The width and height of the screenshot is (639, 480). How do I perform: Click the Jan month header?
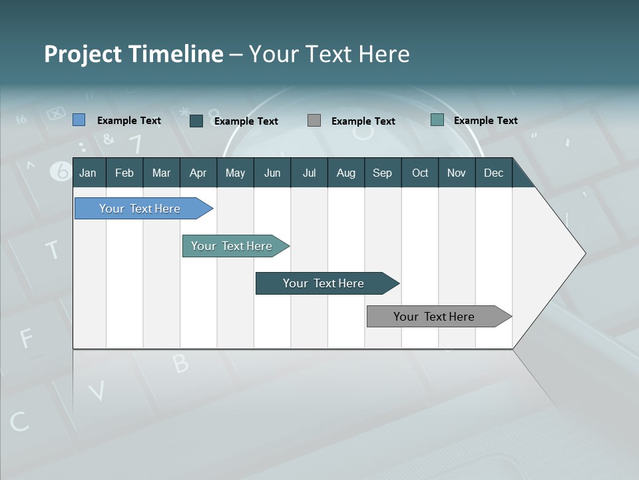(88, 173)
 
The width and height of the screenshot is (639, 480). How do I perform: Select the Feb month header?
(124, 173)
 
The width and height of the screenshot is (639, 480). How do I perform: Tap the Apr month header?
(198, 173)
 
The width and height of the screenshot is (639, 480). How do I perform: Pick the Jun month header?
(272, 173)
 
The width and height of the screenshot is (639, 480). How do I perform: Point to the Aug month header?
(345, 173)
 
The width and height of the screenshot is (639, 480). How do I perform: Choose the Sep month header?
(382, 173)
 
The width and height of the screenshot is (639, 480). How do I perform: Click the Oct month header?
(420, 173)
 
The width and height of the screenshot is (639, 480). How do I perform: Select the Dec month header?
(493, 173)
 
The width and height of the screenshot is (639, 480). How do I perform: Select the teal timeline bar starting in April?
(233, 246)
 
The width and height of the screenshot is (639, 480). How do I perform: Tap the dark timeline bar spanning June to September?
(324, 283)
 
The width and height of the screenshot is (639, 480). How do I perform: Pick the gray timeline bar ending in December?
(435, 317)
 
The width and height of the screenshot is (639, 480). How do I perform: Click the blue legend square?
(79, 120)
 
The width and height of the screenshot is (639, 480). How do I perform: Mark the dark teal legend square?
(196, 121)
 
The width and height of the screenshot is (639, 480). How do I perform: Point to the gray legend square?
(314, 121)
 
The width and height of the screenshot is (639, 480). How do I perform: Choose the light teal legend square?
(437, 120)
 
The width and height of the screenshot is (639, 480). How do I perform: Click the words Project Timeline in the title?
(134, 54)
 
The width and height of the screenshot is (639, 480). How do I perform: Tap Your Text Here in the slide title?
(329, 54)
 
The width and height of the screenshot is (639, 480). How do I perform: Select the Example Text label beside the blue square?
(129, 121)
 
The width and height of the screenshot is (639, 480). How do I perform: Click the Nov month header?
(457, 173)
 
